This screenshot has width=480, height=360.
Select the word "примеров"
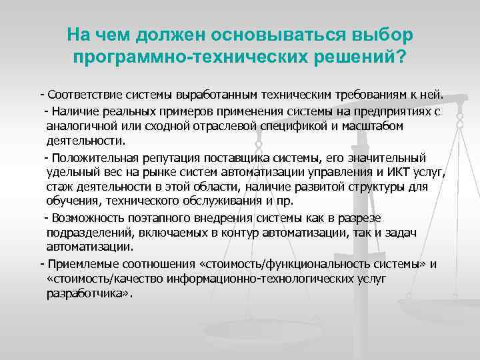192,111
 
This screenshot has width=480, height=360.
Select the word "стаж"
59,187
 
